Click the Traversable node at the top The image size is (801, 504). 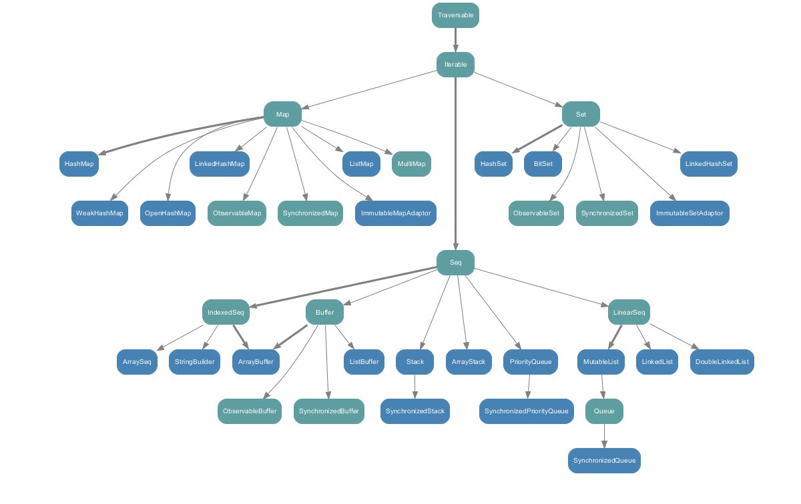pos(455,15)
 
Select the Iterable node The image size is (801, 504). pos(455,65)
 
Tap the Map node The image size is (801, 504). pos(282,115)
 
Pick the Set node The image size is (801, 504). pos(581,115)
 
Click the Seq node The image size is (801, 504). pos(455,263)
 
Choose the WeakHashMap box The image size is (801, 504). pos(99,213)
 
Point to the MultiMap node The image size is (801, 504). pos(411,163)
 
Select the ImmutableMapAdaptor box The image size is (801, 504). pos(396,213)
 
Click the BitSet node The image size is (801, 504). pos(543,163)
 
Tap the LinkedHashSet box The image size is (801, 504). pos(709,163)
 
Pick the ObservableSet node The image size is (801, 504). pos(536,213)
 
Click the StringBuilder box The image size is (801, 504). pos(194,362)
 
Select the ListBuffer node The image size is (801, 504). pos(364,362)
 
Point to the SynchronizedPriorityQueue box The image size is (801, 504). pos(527,411)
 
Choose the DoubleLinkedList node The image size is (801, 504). pos(722,362)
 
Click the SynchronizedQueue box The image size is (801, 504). pos(605,461)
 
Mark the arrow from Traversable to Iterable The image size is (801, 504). pos(455,40)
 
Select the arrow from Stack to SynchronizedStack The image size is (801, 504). pos(415,387)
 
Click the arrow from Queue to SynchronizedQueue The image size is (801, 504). pos(605,436)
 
